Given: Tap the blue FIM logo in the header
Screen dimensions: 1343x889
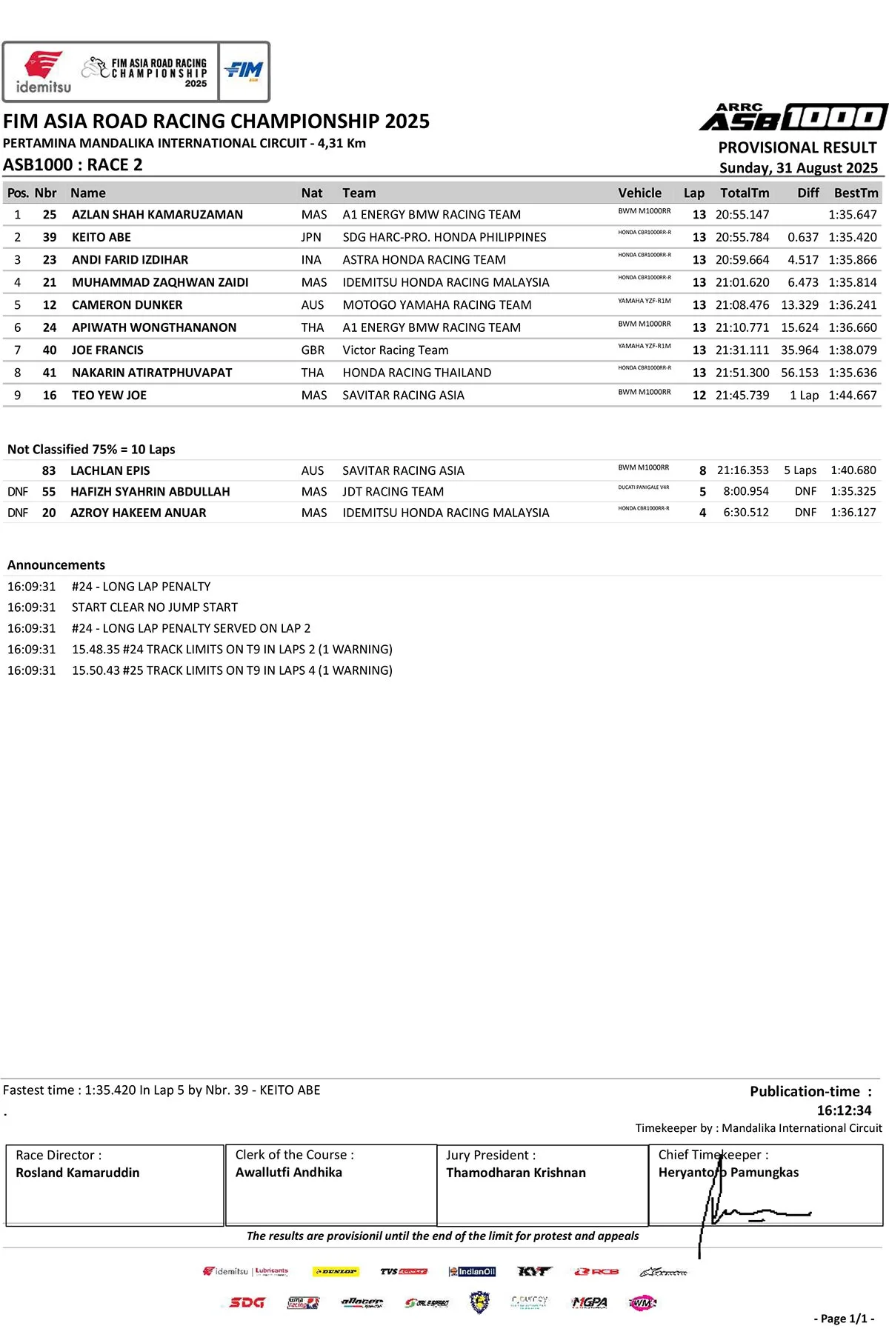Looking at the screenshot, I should pyautogui.click(x=244, y=71).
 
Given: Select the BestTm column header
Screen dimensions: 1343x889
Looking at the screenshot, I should pyautogui.click(x=856, y=193).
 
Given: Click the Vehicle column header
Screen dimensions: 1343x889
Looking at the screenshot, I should pyautogui.click(x=639, y=193).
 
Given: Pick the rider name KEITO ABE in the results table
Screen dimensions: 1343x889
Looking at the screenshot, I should pyautogui.click(x=101, y=237).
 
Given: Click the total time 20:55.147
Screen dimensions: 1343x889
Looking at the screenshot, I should pyautogui.click(x=742, y=215).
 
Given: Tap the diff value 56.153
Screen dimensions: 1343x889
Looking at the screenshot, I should pyautogui.click(x=799, y=373).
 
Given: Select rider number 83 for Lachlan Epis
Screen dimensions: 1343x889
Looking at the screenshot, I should pyautogui.click(x=49, y=470).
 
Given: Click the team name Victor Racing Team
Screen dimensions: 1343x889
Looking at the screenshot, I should pyautogui.click(x=395, y=350).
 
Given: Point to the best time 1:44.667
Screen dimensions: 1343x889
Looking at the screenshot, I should pyautogui.click(x=853, y=396).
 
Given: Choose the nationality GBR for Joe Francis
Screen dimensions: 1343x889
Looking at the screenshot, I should pyautogui.click(x=313, y=350).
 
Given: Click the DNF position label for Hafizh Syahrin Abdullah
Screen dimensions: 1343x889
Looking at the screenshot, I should pyautogui.click(x=18, y=492).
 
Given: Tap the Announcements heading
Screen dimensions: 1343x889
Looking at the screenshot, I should pyautogui.click(x=56, y=565).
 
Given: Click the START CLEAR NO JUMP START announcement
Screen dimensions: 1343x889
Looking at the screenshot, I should pyautogui.click(x=155, y=607).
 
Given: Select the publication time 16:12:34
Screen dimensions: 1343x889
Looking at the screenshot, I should pyautogui.click(x=844, y=1110).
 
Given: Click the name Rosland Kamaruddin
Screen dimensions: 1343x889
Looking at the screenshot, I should pyautogui.click(x=78, y=1173).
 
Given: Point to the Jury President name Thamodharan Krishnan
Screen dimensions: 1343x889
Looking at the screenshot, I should pyautogui.click(x=516, y=1173).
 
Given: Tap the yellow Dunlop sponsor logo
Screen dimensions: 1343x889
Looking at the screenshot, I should pyautogui.click(x=336, y=1272).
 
